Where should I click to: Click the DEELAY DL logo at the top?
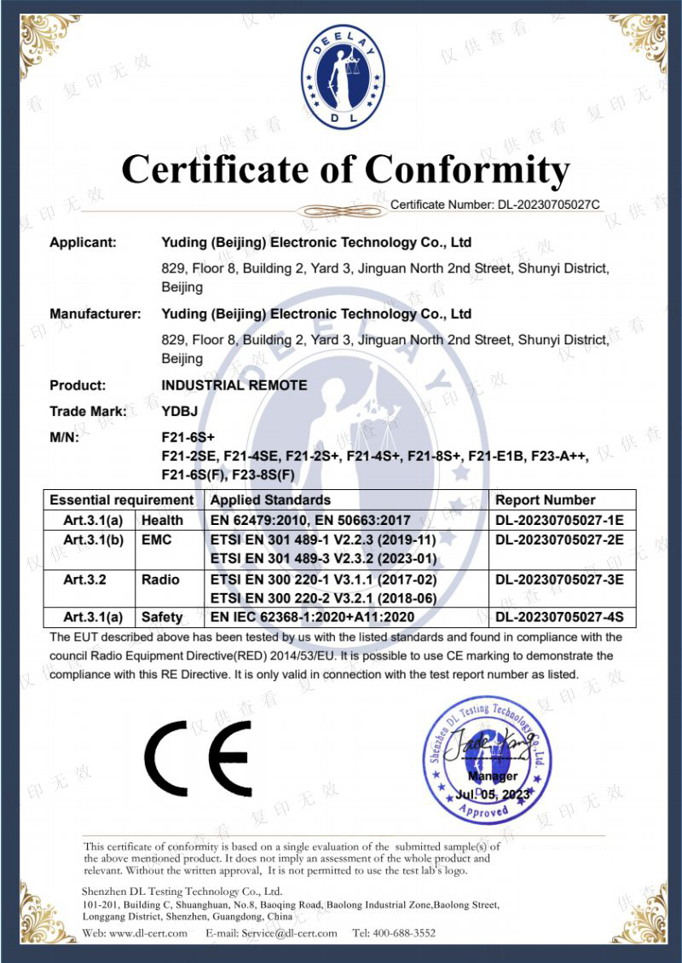point(344,78)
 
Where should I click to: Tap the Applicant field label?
point(83,242)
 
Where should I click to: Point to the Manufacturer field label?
point(95,314)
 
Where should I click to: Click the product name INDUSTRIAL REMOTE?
point(234,385)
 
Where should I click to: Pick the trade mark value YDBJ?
point(179,412)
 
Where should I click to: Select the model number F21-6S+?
point(185,438)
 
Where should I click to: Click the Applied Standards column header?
point(270,500)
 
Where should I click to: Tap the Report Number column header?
point(546,500)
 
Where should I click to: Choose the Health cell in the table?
point(162,520)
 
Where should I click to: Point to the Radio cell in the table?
point(160,580)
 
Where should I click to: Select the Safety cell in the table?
point(162,617)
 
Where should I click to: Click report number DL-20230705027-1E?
point(559,520)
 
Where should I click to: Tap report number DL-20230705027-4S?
point(559,617)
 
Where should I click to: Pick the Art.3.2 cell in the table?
point(85,580)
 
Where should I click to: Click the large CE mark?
point(198,758)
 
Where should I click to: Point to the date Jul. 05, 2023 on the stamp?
point(493,794)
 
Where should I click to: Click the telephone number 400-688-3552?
point(406,933)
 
